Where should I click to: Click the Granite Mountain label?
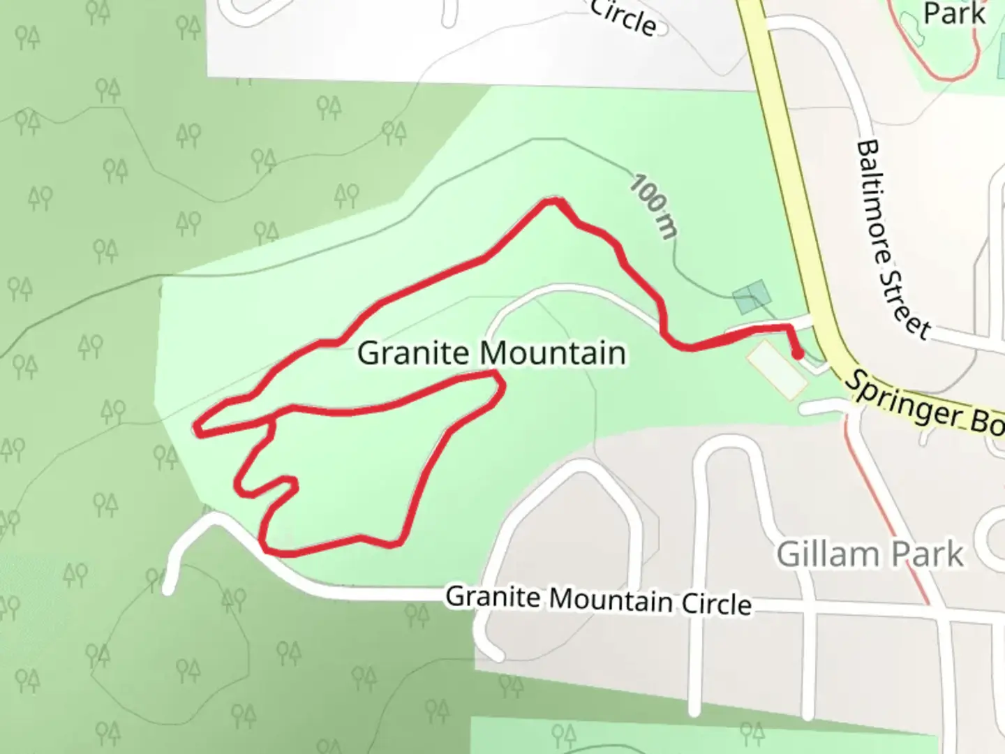(491, 353)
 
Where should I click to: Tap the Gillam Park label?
(870, 554)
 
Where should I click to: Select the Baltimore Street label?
(893, 239)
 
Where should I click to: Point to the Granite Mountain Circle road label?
(598, 600)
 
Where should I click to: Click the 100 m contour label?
(653, 207)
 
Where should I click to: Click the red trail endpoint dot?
(798, 354)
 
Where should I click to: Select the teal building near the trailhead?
(752, 296)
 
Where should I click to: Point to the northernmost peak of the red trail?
(553, 201)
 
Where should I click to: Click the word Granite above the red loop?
(401, 353)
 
